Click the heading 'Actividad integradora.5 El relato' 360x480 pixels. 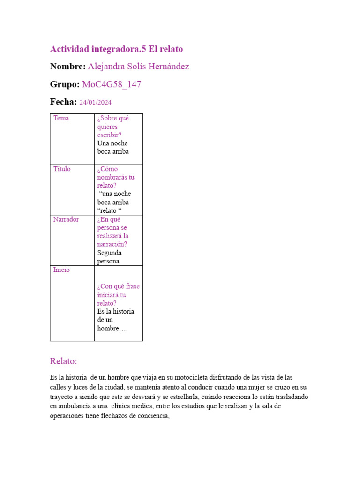coord(116,49)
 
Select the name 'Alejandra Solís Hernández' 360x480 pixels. coord(138,67)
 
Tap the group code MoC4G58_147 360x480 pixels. coord(112,84)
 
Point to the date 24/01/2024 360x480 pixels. coord(96,103)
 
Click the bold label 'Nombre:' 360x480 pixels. coord(67,67)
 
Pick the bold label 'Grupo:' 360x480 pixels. coord(65,84)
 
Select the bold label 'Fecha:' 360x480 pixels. coord(63,102)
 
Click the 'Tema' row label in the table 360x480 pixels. coord(61,118)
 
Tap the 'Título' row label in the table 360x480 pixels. coord(62,169)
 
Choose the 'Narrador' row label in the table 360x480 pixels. coord(66,219)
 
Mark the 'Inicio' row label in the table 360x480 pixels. coord(61,270)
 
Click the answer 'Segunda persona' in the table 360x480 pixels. coord(109,257)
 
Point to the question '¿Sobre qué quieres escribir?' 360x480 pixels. coord(113,127)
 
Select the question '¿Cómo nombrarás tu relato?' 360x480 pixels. coord(116,177)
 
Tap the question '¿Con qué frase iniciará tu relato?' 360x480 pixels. coord(118,295)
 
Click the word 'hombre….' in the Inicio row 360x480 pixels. coord(112,328)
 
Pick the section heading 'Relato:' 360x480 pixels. coord(63,361)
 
